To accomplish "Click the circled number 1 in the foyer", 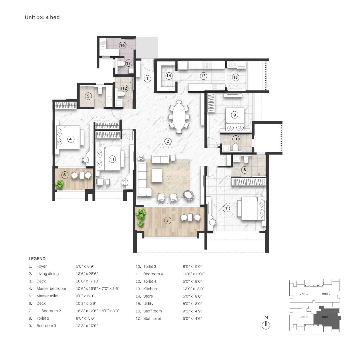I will (x=147, y=78).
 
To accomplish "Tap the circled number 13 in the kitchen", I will (x=203, y=76).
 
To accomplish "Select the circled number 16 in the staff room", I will (x=122, y=46).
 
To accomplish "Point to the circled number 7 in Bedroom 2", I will (x=226, y=208).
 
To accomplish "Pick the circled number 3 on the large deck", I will (x=167, y=220).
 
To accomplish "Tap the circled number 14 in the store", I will (x=169, y=76).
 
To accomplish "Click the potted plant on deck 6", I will (x=59, y=184).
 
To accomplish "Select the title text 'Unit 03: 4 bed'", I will (x=42, y=17).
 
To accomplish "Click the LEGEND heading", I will (x=37, y=259).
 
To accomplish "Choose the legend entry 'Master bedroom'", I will (x=51, y=288).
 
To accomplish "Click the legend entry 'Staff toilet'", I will (x=152, y=319).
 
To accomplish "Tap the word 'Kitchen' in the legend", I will (x=150, y=289).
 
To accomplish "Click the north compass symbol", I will (x=266, y=325).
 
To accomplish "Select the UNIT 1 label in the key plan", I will (x=303, y=294).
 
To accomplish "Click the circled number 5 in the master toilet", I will (x=88, y=96).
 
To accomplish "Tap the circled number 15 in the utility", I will (x=235, y=77).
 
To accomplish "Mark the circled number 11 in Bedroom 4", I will (x=112, y=159).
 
